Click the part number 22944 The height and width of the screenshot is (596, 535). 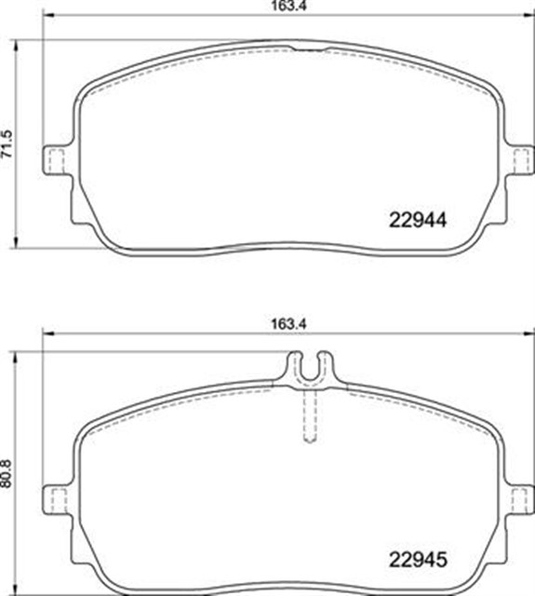(x=418, y=221)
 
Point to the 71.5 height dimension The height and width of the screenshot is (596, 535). (x=8, y=143)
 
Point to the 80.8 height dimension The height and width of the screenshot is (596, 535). (x=8, y=478)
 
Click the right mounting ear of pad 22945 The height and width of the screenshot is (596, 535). (x=523, y=497)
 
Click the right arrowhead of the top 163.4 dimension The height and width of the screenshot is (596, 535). (x=530, y=16)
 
